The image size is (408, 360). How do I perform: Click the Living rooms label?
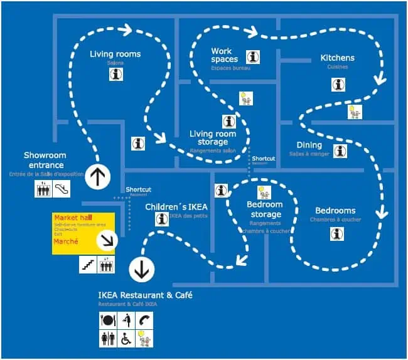coord(115,54)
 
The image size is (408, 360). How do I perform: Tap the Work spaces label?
coord(225,55)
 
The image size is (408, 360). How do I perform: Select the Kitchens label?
coord(337,58)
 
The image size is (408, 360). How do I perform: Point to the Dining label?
coord(309,146)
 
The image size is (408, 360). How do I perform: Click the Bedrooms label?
coord(335,211)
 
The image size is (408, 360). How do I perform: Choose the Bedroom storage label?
coord(264,210)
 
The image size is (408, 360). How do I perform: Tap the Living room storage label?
coord(213,138)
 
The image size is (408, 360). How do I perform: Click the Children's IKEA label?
coord(176,206)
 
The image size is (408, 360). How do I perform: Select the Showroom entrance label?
coord(44,160)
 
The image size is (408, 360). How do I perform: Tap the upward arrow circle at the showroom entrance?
coord(97,177)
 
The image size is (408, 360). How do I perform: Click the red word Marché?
coord(66,241)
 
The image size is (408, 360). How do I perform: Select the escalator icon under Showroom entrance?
coord(62,188)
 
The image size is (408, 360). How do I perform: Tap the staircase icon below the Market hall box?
coord(88,265)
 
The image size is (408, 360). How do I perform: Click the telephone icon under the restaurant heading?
coord(144,319)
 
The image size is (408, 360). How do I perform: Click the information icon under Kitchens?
coord(338,84)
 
